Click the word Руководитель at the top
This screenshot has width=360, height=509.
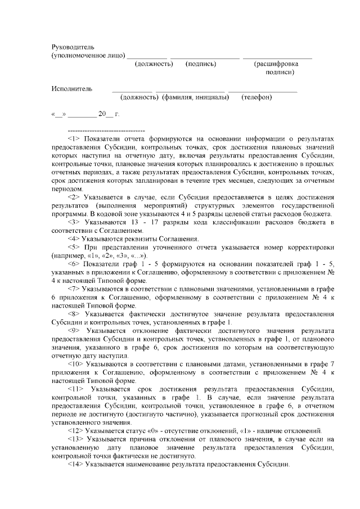[73, 46]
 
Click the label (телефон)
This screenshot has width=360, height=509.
[258, 97]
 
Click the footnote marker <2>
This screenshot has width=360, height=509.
[74, 198]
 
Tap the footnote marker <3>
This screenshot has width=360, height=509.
[74, 223]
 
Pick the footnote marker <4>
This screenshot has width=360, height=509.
[74, 239]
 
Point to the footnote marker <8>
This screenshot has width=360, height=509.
[74, 312]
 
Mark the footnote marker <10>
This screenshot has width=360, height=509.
[76, 364]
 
